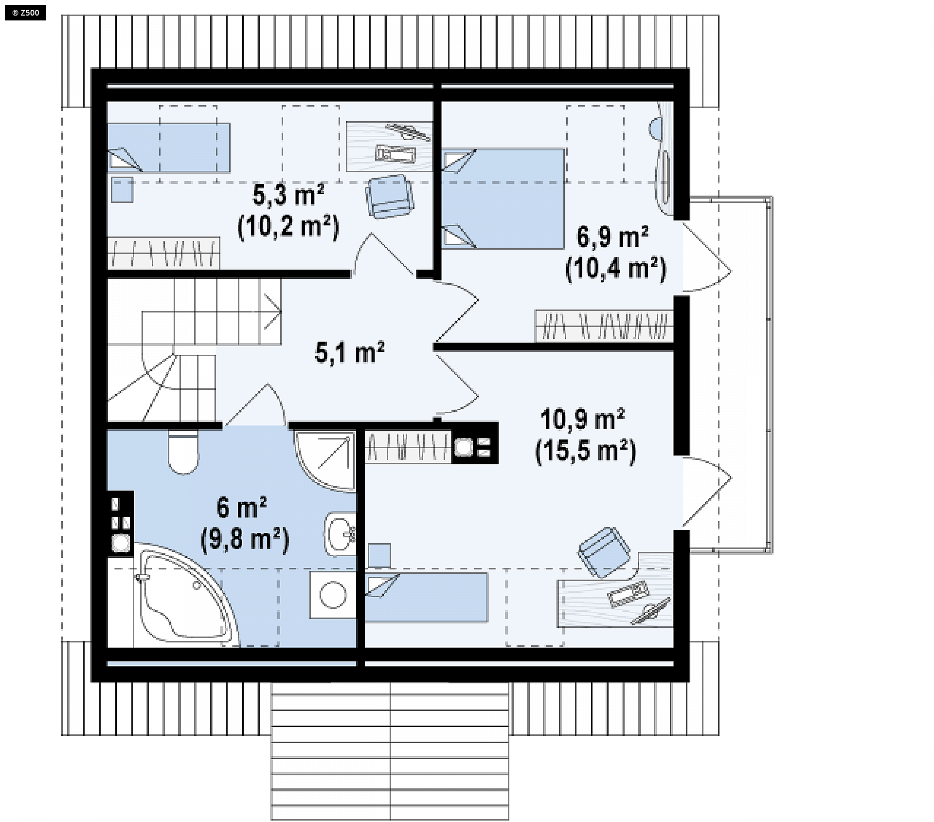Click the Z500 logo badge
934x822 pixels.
(25, 13)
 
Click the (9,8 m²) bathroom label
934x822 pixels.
(245, 539)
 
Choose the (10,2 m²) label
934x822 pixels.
(288, 226)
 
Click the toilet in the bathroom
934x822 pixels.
(183, 452)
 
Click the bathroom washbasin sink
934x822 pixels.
(340, 534)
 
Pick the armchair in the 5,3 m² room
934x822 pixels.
(390, 196)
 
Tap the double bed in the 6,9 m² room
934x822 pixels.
(503, 198)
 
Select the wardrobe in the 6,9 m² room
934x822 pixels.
(604, 326)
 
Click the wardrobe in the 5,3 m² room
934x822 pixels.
(163, 253)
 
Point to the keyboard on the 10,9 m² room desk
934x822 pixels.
(628, 594)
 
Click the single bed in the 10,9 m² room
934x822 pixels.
(426, 598)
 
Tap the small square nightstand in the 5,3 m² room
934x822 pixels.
(122, 190)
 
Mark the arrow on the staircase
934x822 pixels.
(272, 311)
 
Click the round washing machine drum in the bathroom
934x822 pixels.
(333, 595)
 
